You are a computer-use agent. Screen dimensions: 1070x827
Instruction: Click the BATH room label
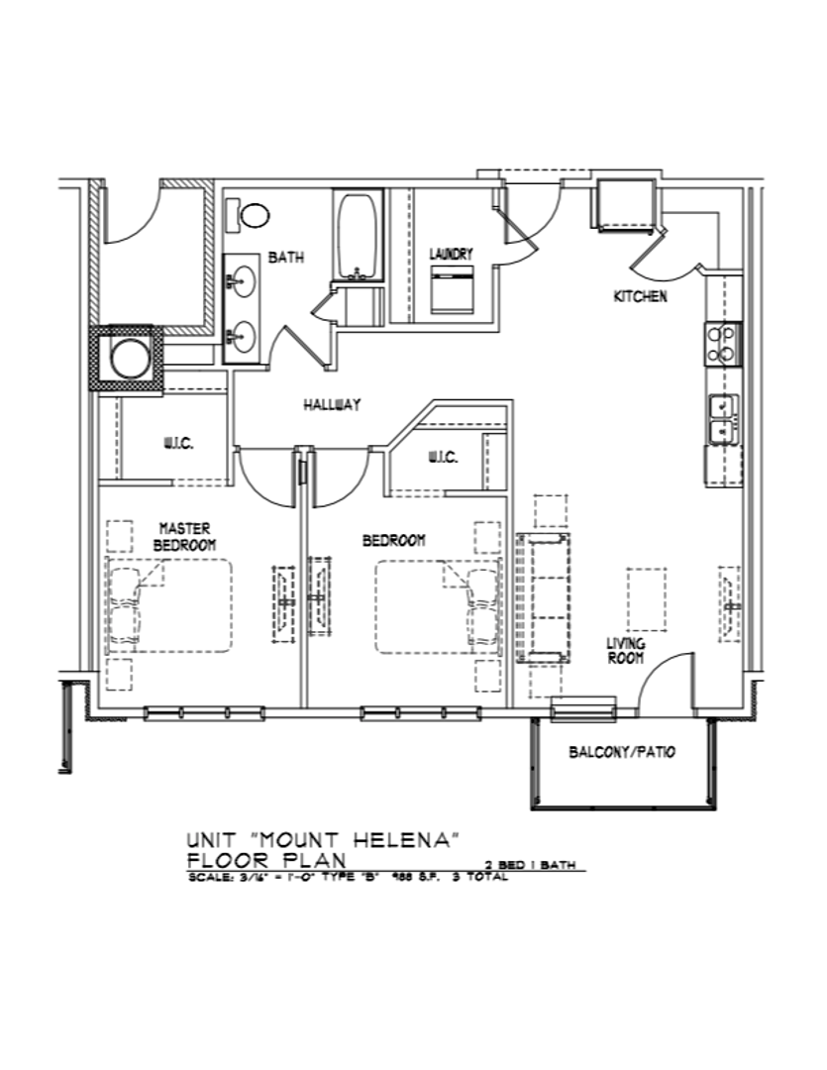click(x=286, y=258)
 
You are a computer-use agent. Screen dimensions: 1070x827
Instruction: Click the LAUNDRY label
click(x=451, y=255)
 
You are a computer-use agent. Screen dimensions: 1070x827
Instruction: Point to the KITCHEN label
click(x=641, y=296)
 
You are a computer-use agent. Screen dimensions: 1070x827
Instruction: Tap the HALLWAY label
click(x=331, y=404)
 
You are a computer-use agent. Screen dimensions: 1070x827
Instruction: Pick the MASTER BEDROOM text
click(x=185, y=536)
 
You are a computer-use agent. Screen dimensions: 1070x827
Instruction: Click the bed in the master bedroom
click(x=169, y=605)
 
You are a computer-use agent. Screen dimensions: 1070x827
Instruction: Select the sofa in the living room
click(x=542, y=597)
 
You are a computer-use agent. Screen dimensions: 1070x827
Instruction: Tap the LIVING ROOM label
click(x=626, y=650)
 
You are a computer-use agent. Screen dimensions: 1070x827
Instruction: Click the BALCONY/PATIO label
click(x=622, y=752)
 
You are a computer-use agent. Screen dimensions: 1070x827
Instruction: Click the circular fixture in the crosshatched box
click(x=128, y=358)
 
